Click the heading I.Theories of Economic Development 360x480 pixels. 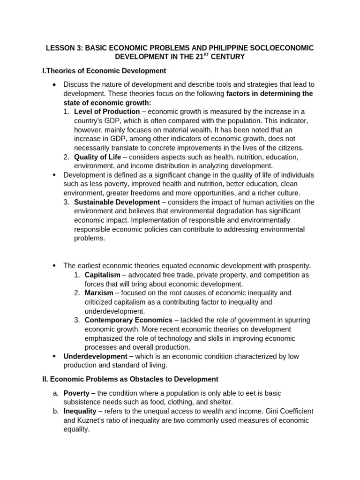104,71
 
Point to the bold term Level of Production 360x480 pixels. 107,112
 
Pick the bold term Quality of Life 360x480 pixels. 97,157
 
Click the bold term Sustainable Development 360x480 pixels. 117,202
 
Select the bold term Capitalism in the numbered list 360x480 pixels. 102,275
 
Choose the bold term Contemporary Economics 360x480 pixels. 128,320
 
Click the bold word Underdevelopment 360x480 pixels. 96,356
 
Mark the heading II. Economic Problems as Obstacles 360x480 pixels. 130,379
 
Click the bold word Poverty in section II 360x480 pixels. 76,393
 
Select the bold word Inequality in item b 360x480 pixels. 80,411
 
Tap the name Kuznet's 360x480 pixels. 92,420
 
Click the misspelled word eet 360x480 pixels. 242,393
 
